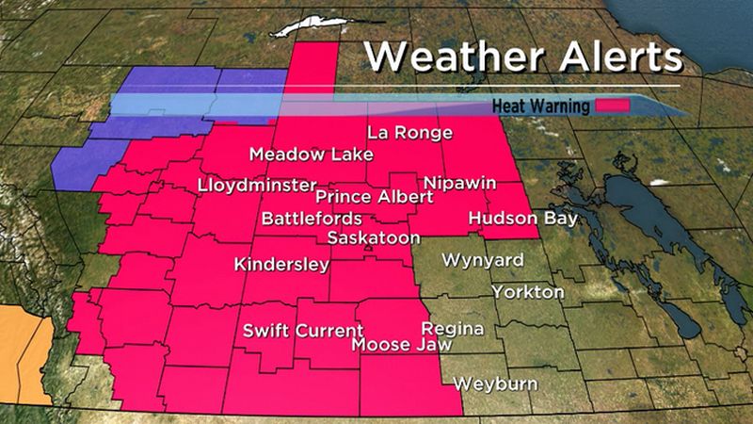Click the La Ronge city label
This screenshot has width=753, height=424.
[409, 132]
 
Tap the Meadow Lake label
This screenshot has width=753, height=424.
[312, 155]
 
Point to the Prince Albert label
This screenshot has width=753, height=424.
[375, 197]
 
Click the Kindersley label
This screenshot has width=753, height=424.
[281, 265]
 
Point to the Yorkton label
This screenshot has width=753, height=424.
[528, 292]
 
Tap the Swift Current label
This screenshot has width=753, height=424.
[303, 331]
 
